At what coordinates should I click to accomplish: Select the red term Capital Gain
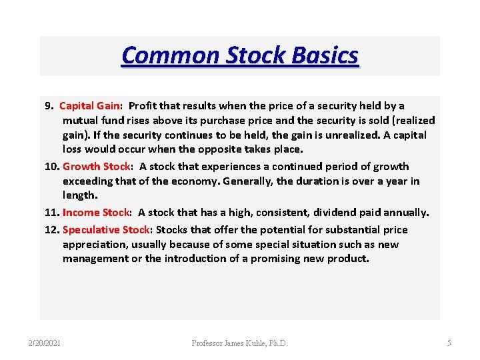(90, 105)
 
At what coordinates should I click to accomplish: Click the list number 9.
(48, 105)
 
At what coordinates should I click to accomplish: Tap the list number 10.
(51, 167)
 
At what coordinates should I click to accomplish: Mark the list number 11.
(51, 213)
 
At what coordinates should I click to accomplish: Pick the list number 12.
(51, 230)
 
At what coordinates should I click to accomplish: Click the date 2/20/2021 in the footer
(44, 343)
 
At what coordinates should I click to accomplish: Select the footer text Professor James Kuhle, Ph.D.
(240, 343)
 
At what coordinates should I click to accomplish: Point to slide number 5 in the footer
(449, 343)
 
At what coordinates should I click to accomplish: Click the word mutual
(81, 121)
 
